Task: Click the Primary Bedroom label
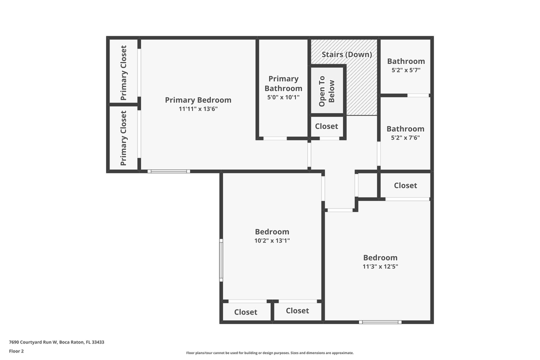198,100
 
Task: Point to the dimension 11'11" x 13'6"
198,109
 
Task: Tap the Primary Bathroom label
283,83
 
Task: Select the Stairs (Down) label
347,54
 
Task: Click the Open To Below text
326,91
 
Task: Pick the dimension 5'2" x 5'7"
406,70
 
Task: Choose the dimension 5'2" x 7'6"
405,137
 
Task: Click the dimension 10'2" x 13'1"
272,240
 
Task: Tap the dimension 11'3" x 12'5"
380,266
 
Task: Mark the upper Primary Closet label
123,72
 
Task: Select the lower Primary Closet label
123,138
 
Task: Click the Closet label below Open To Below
326,126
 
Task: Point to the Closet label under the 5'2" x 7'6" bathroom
405,185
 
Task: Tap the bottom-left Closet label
245,312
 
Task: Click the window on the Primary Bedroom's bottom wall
169,171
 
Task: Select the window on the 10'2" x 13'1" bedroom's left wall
221,260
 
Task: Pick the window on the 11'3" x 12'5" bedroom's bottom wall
380,322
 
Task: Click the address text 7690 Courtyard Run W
33,342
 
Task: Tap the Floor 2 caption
16,351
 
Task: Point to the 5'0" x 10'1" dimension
283,97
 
